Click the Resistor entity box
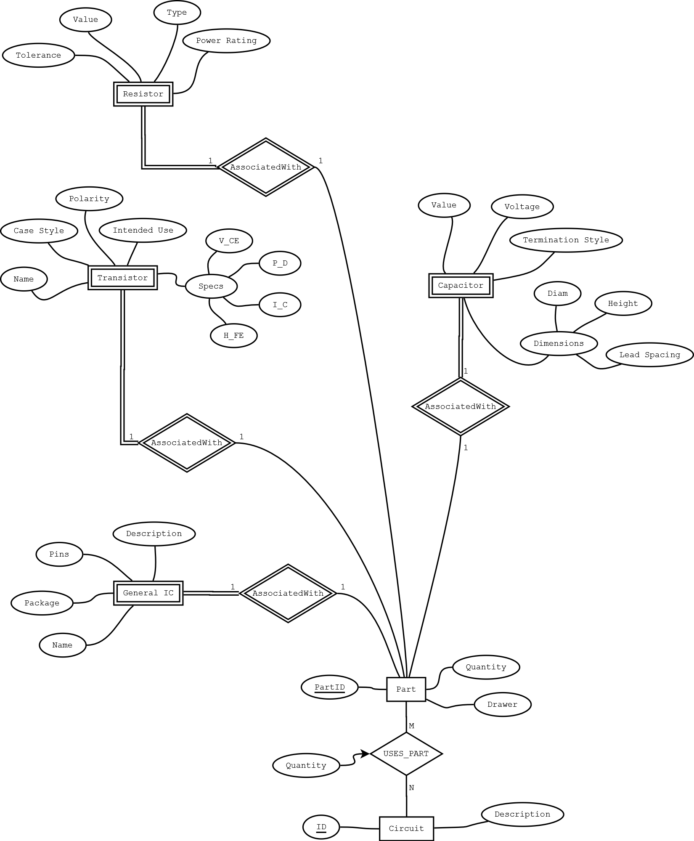click(x=143, y=94)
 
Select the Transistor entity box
click(x=122, y=278)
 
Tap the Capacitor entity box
click(x=461, y=285)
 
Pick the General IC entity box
click(x=148, y=593)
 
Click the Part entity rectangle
click(x=406, y=689)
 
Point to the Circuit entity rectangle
click(x=406, y=828)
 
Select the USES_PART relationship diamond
click(x=406, y=753)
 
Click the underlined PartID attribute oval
click(x=329, y=687)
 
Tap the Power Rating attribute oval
click(x=226, y=41)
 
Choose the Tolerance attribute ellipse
click(x=38, y=55)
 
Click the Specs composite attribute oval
click(x=211, y=286)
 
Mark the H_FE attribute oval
click(x=233, y=335)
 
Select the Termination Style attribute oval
click(x=566, y=240)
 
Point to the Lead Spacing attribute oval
click(x=649, y=355)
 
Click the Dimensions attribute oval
click(x=559, y=343)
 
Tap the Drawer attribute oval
click(x=502, y=704)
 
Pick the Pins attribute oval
click(x=59, y=554)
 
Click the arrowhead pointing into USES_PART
click(x=365, y=754)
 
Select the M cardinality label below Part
click(x=411, y=726)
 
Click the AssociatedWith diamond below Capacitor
click(x=461, y=406)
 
